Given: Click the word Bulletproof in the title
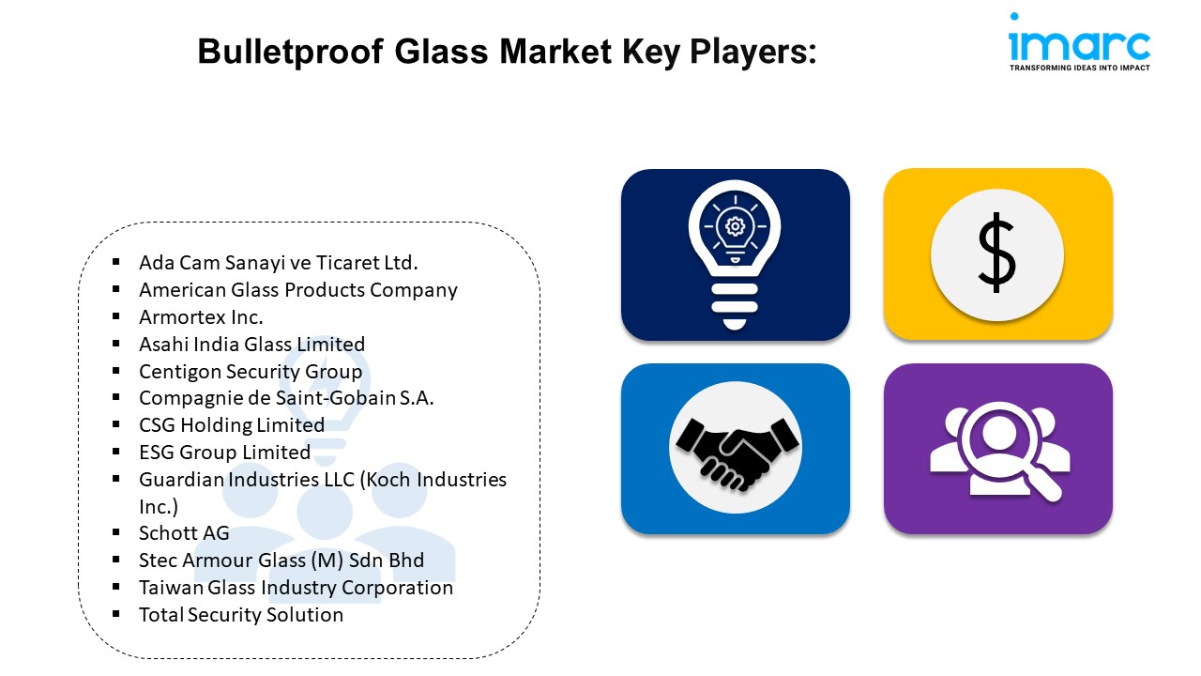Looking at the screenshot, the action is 290,52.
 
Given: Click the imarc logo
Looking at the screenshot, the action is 1079,42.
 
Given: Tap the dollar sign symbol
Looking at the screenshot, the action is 996,253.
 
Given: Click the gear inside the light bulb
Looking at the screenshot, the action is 735,226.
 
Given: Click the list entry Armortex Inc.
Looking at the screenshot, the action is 201,317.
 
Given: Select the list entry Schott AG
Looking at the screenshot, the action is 184,532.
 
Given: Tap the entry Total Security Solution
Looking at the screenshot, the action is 241,614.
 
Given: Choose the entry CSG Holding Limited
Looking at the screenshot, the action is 232,425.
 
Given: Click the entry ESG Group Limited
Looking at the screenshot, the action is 224,452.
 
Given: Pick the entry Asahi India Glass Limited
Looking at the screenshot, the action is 252,344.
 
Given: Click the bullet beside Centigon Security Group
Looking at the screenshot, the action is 115,370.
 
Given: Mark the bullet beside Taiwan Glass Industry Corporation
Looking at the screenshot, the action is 115,587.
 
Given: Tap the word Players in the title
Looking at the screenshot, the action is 753,52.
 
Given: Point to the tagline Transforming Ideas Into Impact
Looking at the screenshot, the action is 1080,68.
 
